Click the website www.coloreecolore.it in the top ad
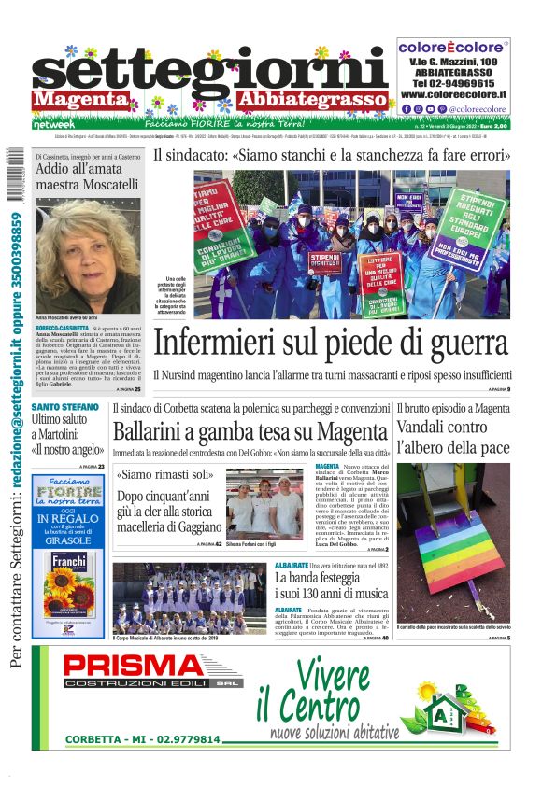453,94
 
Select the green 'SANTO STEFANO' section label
65,407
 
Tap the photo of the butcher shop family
264,504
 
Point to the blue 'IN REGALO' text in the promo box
68,519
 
